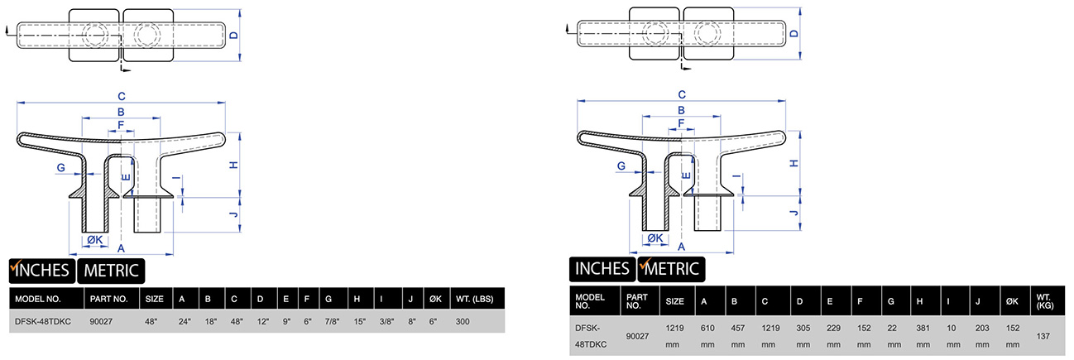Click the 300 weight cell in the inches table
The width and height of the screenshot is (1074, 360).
(463, 321)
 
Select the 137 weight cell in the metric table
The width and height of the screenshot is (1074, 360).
(1044, 336)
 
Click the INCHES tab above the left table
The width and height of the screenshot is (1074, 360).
(41, 270)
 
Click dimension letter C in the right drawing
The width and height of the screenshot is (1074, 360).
(682, 94)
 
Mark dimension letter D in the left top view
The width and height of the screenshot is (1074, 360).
(234, 36)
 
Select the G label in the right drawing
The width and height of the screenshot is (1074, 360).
(621, 166)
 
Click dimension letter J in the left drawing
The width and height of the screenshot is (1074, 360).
(234, 215)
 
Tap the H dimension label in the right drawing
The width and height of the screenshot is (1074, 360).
(794, 163)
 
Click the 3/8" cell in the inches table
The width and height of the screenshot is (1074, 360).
(384, 321)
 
